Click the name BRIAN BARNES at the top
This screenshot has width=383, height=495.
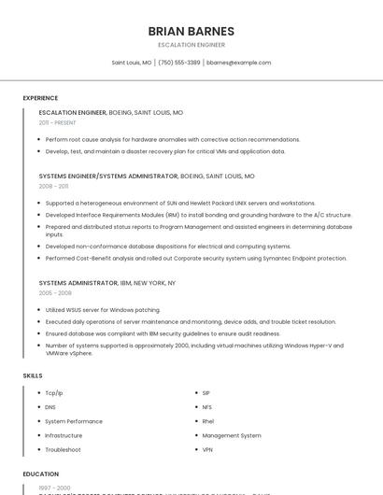tap(191, 32)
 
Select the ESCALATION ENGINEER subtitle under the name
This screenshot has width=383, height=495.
tap(191, 45)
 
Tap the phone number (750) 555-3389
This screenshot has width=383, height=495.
tap(179, 63)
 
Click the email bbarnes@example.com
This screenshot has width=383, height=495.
tap(239, 63)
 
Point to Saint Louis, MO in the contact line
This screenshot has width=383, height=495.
tap(132, 63)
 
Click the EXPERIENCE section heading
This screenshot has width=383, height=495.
tap(40, 98)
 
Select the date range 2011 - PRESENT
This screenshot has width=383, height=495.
tap(57, 122)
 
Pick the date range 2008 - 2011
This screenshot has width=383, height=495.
tap(53, 186)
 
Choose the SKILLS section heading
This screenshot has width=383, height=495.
tap(33, 375)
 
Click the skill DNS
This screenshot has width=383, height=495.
tap(50, 407)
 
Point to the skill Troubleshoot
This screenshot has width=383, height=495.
tap(63, 449)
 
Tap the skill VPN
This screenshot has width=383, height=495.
tap(207, 449)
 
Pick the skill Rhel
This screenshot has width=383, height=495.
tap(207, 421)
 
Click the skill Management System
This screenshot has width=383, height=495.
tap(232, 435)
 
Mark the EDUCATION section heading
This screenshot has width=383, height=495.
tap(40, 474)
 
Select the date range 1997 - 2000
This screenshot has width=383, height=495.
tap(54, 488)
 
